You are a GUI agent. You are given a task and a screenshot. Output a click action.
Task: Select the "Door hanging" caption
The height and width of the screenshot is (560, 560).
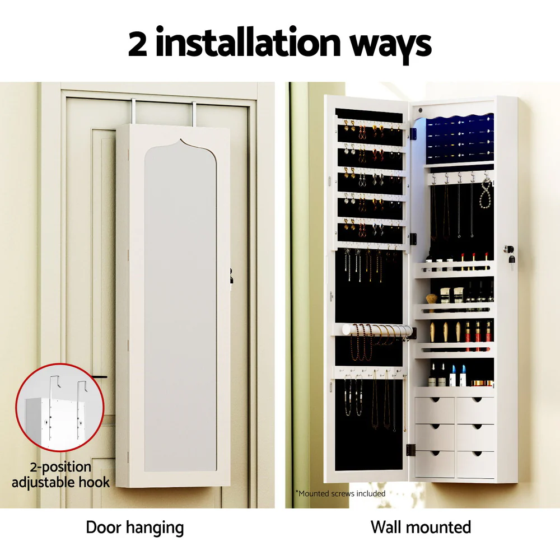pyautogui.click(x=134, y=527)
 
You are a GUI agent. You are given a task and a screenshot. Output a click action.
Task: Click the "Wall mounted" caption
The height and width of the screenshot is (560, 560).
pyautogui.click(x=421, y=527)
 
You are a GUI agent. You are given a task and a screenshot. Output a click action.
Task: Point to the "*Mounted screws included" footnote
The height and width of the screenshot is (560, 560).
pyautogui.click(x=340, y=493)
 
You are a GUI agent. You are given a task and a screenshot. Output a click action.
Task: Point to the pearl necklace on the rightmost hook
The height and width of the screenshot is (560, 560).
pyautogui.click(x=486, y=193)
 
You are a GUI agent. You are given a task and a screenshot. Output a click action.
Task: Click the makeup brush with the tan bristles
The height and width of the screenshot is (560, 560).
pyautogui.click(x=432, y=300)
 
